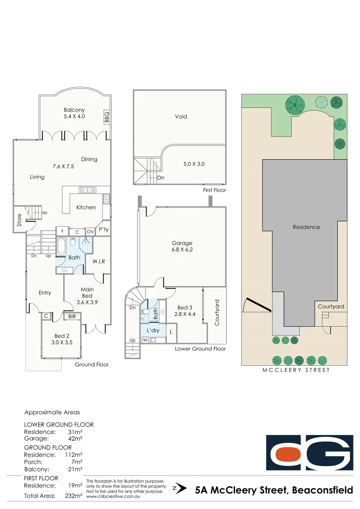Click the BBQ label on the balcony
[x=106, y=117]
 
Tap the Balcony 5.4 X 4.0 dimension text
[x=74, y=116]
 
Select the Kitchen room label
[x=86, y=207]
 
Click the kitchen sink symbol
[x=88, y=190]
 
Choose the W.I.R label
[x=98, y=261]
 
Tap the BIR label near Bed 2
[x=72, y=317]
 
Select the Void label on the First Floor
[x=180, y=116]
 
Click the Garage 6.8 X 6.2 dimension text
[x=182, y=250]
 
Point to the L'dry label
[x=153, y=330]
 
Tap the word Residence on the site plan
[x=306, y=227]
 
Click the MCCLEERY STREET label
[x=296, y=370]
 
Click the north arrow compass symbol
[x=176, y=489]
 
